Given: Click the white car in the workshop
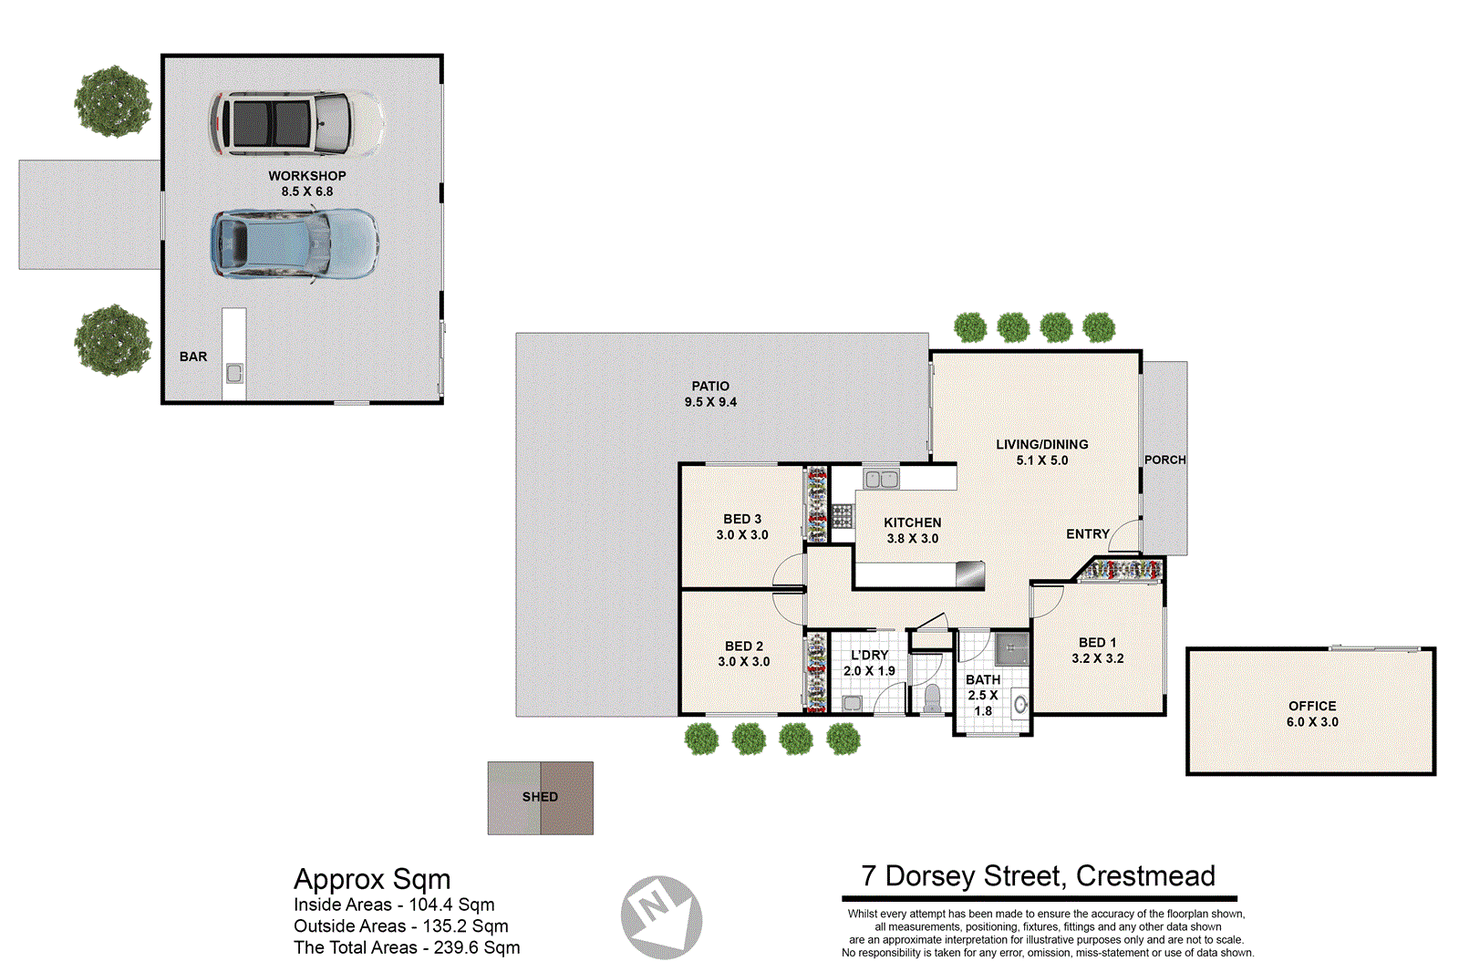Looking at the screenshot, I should click(296, 123).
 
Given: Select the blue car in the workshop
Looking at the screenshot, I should click(294, 243).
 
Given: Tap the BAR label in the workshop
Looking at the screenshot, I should click(193, 357).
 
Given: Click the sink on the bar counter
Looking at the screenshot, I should click(234, 373).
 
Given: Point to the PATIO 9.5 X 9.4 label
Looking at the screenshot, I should click(710, 394).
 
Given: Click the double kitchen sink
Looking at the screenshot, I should click(881, 479).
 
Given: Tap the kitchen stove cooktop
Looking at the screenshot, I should click(842, 516).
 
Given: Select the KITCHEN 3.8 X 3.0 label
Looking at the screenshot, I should click(912, 530).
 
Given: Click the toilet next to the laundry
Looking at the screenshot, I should click(932, 699).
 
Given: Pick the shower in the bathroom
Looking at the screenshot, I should click(1010, 650).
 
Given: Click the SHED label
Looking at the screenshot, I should click(540, 797).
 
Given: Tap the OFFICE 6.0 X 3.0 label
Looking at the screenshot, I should click(1312, 713).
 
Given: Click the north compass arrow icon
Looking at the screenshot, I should click(661, 916).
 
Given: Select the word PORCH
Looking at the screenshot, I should click(1164, 460).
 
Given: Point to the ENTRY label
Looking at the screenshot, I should click(1087, 533).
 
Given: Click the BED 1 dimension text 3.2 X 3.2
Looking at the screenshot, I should click(1097, 658).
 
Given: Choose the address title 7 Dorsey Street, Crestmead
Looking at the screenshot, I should click(1038, 876).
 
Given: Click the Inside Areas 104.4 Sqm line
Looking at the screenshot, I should click(394, 905).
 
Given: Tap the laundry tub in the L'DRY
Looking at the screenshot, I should click(852, 702).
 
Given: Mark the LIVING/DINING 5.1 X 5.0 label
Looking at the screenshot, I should click(1041, 451).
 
